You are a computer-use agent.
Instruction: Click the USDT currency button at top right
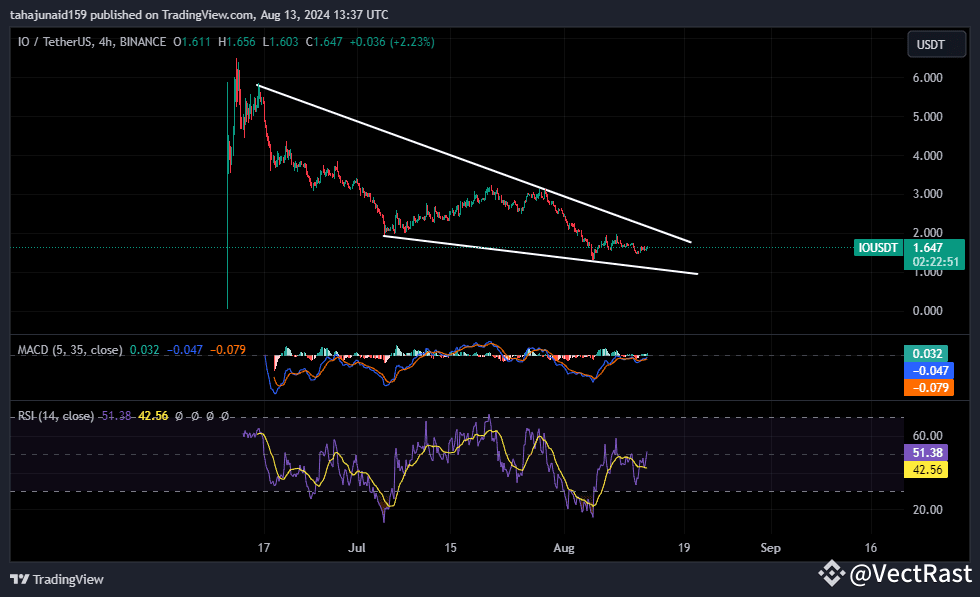click(931, 44)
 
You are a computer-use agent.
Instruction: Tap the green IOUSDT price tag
click(878, 246)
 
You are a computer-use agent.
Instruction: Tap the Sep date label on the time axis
click(770, 548)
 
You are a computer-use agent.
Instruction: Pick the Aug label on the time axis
click(566, 548)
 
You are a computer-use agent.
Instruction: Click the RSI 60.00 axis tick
click(929, 436)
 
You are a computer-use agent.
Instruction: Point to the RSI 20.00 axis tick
click(929, 510)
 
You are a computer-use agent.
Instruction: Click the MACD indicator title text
click(70, 350)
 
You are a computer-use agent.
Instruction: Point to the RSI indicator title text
click(56, 416)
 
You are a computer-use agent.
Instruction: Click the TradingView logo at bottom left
click(57, 579)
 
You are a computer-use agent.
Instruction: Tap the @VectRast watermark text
click(909, 574)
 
